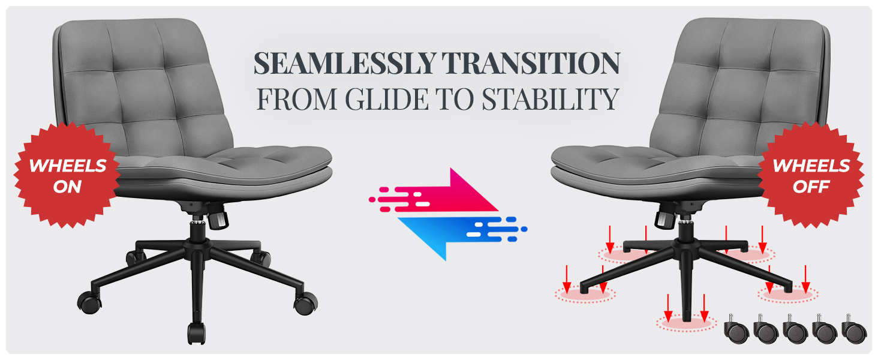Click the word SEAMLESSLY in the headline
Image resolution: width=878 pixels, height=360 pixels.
point(344,63)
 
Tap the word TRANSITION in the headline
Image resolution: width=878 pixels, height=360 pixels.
point(531,63)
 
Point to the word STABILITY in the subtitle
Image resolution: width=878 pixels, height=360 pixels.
point(551,99)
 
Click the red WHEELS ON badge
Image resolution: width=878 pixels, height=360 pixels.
point(67,175)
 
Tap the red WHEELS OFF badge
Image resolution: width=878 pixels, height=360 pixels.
point(811,175)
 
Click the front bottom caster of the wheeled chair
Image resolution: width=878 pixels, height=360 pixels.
point(197,334)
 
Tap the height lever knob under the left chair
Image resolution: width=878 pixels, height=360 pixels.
point(218,220)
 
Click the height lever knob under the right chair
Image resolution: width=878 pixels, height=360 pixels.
point(664,220)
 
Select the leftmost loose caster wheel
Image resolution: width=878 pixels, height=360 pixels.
point(736,329)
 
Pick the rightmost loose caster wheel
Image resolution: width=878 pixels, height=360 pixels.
point(855,329)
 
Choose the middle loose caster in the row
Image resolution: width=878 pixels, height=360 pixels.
point(795,329)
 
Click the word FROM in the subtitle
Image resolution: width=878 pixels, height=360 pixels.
point(297,99)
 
